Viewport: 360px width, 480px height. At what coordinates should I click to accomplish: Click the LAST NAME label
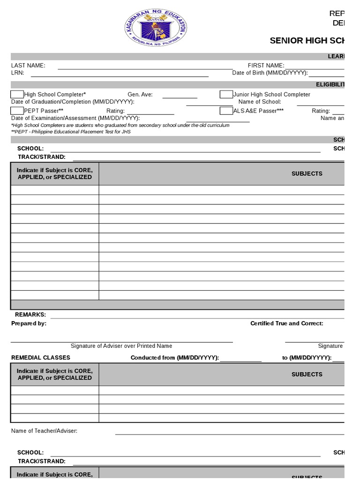click(x=28, y=66)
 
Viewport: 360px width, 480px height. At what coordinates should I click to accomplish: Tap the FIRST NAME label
click(x=266, y=66)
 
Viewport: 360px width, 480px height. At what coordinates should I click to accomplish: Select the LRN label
click(x=17, y=73)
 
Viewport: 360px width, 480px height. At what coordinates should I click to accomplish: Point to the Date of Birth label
click(x=270, y=73)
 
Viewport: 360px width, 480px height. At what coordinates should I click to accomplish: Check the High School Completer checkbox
click(x=17, y=95)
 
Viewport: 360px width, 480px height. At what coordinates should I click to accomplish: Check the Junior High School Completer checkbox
click(x=226, y=95)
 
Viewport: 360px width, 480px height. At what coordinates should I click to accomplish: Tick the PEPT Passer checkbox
click(x=17, y=111)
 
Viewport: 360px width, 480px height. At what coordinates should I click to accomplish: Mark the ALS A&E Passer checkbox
click(x=226, y=111)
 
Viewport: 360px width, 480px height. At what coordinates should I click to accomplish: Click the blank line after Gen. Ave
click(x=180, y=96)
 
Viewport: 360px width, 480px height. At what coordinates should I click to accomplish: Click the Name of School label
click(x=260, y=102)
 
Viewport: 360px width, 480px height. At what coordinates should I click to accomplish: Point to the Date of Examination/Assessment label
click(x=75, y=118)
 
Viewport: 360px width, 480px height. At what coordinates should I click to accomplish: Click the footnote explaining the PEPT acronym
click(x=71, y=132)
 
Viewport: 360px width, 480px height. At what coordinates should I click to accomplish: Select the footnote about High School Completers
click(x=120, y=125)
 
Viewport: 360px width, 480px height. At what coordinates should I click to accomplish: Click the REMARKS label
click(x=30, y=315)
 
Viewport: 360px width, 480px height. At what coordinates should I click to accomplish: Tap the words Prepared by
click(x=29, y=323)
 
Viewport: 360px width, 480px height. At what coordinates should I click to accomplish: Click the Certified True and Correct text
click(x=286, y=323)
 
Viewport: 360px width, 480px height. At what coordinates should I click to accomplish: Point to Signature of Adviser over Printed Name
click(x=121, y=346)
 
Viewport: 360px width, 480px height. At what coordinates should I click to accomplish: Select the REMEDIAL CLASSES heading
click(x=40, y=358)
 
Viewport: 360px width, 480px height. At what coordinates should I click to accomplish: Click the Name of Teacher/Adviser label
click(x=44, y=431)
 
